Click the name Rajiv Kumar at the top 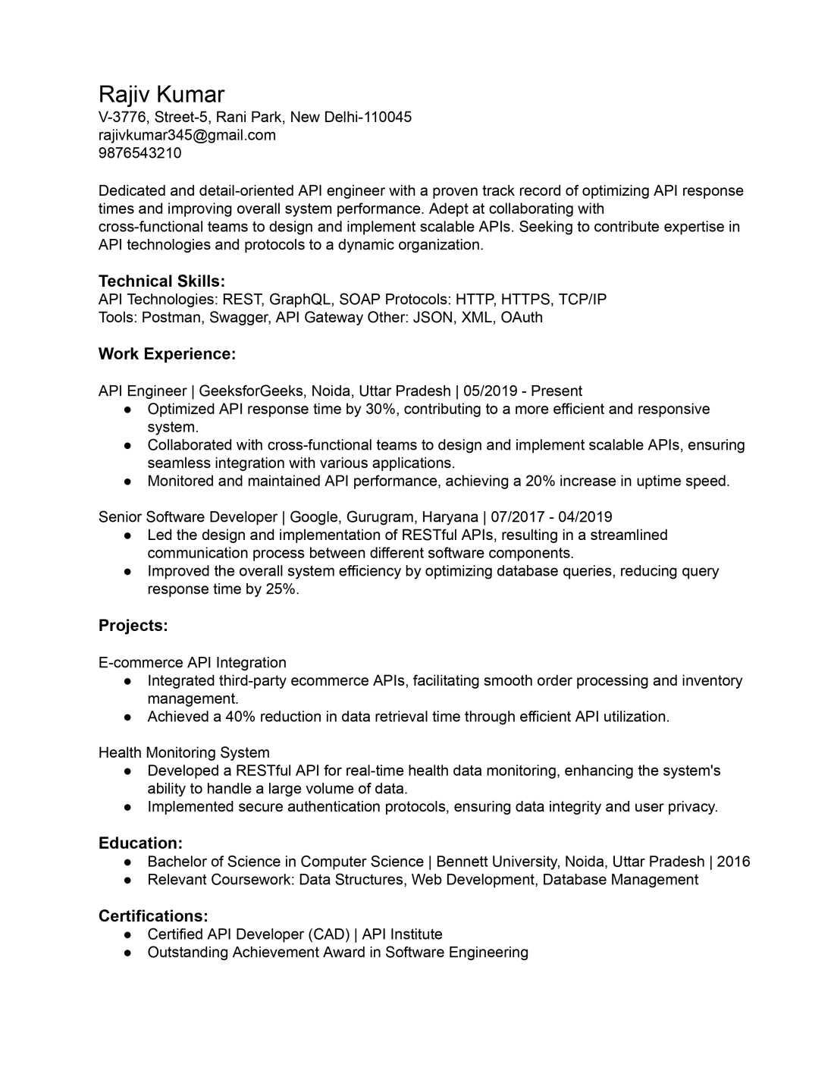[161, 95]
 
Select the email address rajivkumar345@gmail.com [187, 135]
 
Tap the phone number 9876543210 [140, 153]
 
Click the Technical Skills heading [161, 281]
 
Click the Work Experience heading [167, 354]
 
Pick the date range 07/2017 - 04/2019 [551, 517]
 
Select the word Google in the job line [314, 517]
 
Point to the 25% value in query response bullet [281, 589]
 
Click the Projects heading [133, 626]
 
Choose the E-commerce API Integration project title [193, 663]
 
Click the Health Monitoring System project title [184, 753]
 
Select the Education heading [140, 843]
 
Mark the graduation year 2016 [733, 862]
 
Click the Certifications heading [153, 916]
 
